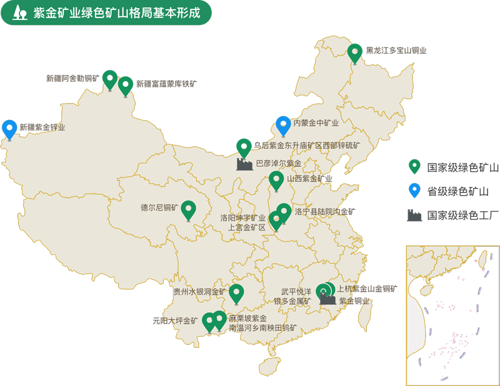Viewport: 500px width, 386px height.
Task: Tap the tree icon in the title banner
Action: [21, 12]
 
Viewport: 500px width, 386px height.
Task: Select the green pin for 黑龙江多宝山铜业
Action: [355, 53]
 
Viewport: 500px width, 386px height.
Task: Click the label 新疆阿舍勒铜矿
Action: [72, 79]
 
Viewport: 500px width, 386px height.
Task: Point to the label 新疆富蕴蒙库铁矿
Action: [166, 83]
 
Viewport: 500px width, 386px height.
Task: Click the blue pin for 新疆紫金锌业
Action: [9, 129]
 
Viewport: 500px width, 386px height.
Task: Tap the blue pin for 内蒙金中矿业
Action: [283, 126]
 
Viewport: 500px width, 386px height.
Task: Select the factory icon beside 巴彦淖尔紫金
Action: [244, 164]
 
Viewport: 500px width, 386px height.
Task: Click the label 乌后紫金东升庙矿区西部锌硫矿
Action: [307, 146]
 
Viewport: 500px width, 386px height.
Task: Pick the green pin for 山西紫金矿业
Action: [276, 181]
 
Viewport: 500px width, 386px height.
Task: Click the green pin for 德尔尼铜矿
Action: [189, 210]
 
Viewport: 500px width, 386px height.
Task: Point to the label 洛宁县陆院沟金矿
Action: [324, 212]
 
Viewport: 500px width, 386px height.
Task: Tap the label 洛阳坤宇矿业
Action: [243, 218]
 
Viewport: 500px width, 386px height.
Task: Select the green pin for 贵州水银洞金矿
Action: [236, 294]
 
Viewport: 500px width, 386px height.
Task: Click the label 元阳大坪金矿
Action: [175, 321]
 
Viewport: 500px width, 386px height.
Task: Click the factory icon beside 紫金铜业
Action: [327, 299]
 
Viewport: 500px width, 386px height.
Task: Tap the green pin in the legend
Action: [414, 167]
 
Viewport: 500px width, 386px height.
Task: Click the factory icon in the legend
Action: [414, 215]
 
